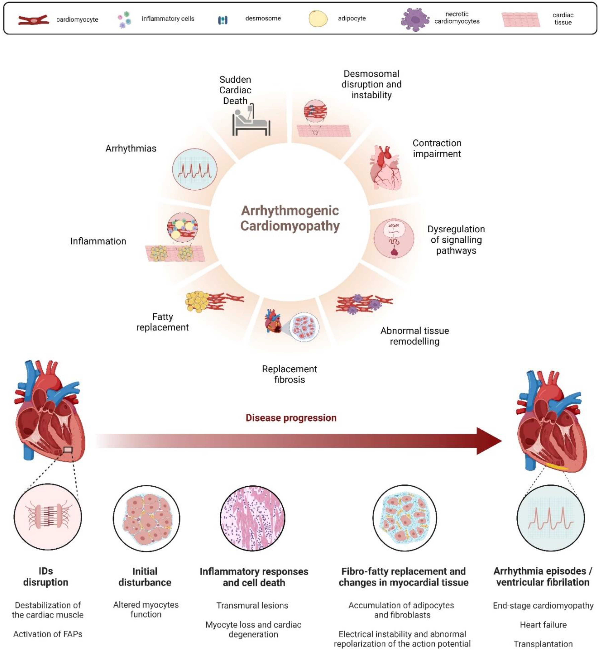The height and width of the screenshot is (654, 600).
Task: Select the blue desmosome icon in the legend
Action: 222,20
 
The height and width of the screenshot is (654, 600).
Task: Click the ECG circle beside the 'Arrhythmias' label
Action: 195,169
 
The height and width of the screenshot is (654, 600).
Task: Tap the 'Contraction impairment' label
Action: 437,148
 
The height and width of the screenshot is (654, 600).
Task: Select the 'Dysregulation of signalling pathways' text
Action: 456,240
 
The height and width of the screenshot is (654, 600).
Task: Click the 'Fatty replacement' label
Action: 162,322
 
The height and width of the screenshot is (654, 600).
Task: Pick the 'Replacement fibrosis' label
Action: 289,374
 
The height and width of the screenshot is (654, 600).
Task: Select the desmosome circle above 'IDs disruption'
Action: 48,517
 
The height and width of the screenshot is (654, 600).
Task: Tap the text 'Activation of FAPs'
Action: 48,634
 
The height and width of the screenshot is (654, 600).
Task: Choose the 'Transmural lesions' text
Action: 252,605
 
